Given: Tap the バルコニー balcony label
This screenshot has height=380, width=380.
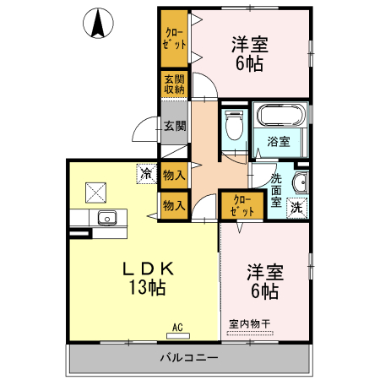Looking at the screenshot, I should point(189,358).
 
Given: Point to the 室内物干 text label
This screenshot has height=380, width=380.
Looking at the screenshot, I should point(249,323).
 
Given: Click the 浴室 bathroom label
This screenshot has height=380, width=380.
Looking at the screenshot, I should point(280,141).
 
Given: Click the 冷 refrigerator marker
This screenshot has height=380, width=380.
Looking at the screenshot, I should point(147,175).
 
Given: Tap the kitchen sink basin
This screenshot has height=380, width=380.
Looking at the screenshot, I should point(107,218).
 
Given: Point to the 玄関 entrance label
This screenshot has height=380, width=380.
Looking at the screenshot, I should point(175,126).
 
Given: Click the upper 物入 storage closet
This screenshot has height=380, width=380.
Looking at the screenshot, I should point(175,175).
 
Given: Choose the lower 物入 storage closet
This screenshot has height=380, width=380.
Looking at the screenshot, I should point(175,205).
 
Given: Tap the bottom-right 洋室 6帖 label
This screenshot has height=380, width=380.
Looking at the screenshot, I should point(263,281).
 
